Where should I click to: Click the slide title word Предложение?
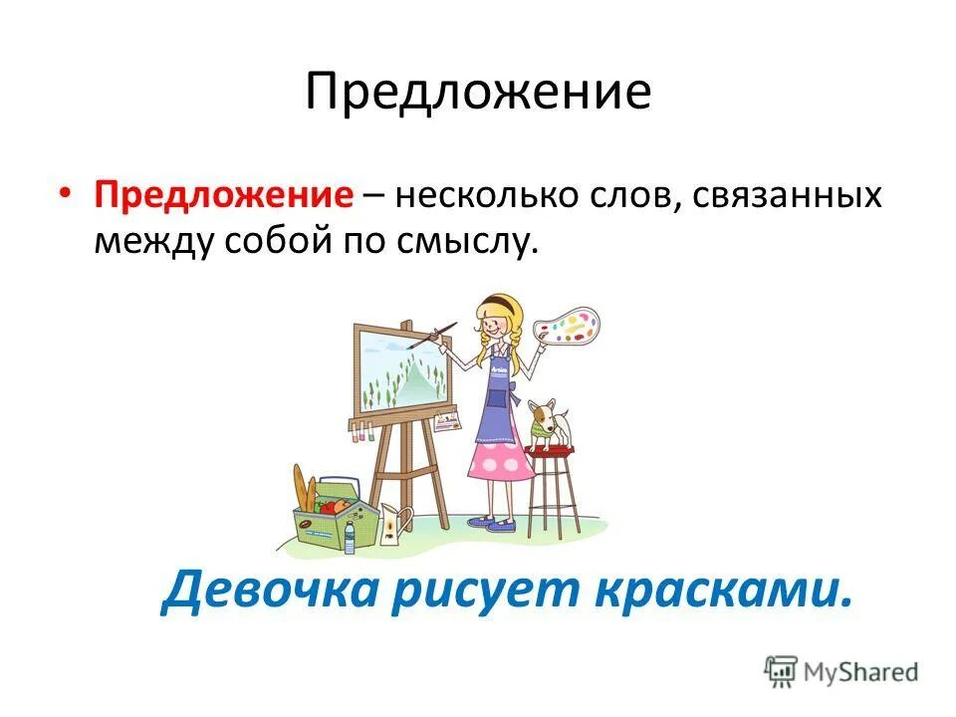[x=478, y=93]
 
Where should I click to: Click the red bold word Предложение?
[x=224, y=194]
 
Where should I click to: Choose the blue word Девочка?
[x=272, y=591]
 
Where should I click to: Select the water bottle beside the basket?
[x=350, y=537]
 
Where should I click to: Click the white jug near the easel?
[x=395, y=523]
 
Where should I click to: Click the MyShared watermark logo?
[x=841, y=671]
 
